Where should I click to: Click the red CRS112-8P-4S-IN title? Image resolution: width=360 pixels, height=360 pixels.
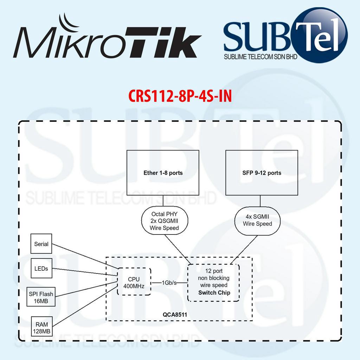click(x=180, y=96)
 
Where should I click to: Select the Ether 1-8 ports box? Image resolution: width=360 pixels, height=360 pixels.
click(x=163, y=173)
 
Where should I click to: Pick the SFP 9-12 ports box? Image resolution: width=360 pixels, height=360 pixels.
click(x=262, y=173)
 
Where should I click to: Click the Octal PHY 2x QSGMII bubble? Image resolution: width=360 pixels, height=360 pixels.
click(x=164, y=221)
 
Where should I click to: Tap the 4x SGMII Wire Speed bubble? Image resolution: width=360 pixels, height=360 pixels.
click(x=258, y=220)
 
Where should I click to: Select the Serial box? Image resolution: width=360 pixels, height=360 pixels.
click(x=41, y=244)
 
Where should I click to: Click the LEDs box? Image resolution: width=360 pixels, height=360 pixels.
click(x=41, y=268)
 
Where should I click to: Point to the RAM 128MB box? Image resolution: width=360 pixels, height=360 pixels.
click(x=41, y=327)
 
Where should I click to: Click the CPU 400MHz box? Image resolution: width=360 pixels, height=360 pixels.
click(x=134, y=282)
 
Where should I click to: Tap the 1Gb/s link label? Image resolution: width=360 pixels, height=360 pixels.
click(x=169, y=282)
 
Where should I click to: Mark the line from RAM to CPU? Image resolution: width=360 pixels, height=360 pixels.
click(x=84, y=306)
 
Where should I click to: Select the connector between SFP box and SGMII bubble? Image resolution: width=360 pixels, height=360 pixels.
click(x=260, y=200)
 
